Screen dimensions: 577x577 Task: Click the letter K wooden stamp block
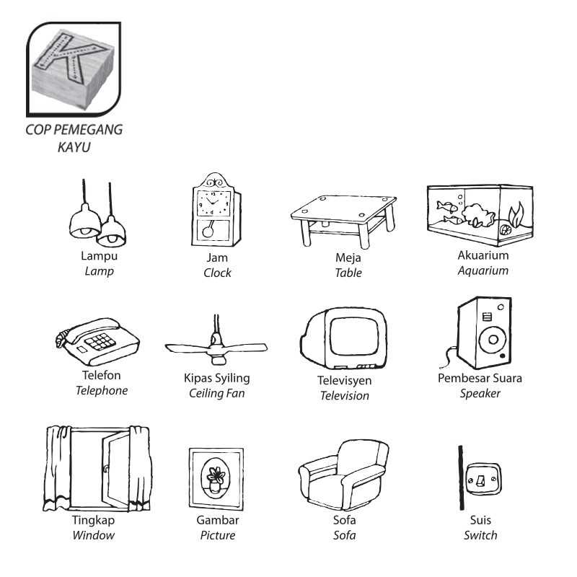72,69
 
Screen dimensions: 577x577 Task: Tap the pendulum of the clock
208,229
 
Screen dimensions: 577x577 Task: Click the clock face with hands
213,203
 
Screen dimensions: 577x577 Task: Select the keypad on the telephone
100,341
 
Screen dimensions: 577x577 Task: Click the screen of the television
354,335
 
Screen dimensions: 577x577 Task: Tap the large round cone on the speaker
493,339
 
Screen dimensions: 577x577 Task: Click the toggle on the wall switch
480,480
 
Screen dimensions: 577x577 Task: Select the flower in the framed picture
216,475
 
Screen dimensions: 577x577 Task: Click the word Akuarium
483,255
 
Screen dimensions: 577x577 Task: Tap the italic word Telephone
102,390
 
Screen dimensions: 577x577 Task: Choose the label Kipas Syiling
217,378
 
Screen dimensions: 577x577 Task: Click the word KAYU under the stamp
74,147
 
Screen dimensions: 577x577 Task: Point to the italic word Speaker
480,394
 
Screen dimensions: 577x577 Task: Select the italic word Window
94,535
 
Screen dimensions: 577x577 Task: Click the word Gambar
218,520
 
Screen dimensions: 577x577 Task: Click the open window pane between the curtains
116,470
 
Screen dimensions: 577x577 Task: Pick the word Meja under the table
348,258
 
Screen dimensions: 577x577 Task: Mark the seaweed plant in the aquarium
516,214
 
